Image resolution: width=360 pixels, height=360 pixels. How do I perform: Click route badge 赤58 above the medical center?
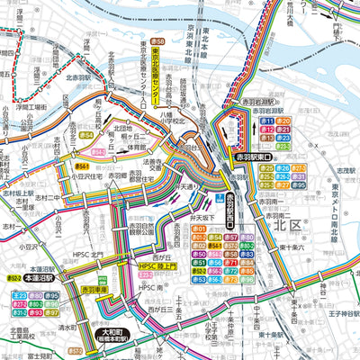click(158, 41)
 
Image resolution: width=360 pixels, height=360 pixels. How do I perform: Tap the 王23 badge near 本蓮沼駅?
click(20, 293)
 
